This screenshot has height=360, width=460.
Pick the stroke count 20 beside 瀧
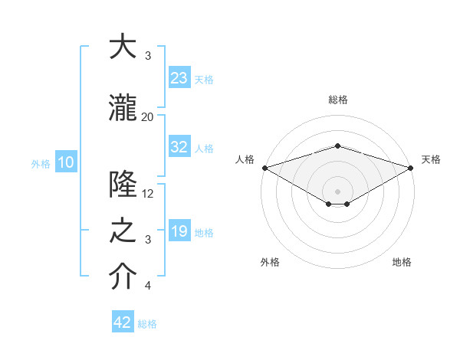coord(147,116)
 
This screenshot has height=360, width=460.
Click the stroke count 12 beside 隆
coord(148,194)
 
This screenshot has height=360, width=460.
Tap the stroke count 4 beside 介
coord(148,286)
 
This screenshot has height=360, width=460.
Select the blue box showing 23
coord(179,77)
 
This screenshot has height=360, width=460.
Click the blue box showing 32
coord(179,147)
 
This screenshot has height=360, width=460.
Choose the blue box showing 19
coord(179,231)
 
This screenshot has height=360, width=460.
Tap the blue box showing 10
coord(65,162)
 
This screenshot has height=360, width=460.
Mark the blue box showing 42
coord(123,322)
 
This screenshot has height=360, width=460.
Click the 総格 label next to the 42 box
coord(147,324)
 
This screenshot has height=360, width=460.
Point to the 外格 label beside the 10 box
coord(41,163)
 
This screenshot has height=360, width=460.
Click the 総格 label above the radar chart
coord(337,100)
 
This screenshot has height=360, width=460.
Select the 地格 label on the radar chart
coord(402,262)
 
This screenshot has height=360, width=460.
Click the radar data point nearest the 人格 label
coord(264,168)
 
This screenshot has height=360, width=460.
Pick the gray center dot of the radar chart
coord(337,190)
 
